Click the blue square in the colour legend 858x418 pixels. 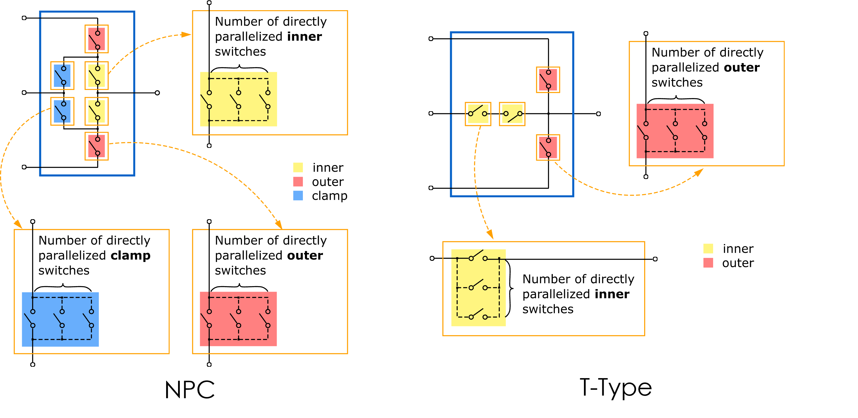(298, 196)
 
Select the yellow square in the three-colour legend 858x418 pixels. (298, 167)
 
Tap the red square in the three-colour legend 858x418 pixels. (298, 182)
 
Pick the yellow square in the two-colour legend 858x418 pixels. (708, 249)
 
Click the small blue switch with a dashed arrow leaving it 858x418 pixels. (62, 111)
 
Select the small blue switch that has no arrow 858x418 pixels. (62, 75)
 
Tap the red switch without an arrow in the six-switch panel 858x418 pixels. (97, 39)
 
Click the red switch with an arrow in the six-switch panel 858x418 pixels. (97, 146)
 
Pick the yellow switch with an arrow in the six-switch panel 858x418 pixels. (97, 75)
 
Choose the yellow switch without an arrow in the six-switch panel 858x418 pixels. (97, 111)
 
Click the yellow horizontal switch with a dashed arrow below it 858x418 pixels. (478, 114)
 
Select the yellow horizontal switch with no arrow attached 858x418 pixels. (512, 114)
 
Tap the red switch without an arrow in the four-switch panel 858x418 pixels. (548, 80)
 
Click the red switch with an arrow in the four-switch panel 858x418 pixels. (548, 147)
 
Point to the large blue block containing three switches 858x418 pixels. (60, 319)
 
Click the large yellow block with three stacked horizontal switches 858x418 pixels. (478, 288)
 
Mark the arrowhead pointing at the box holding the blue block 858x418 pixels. (18, 224)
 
